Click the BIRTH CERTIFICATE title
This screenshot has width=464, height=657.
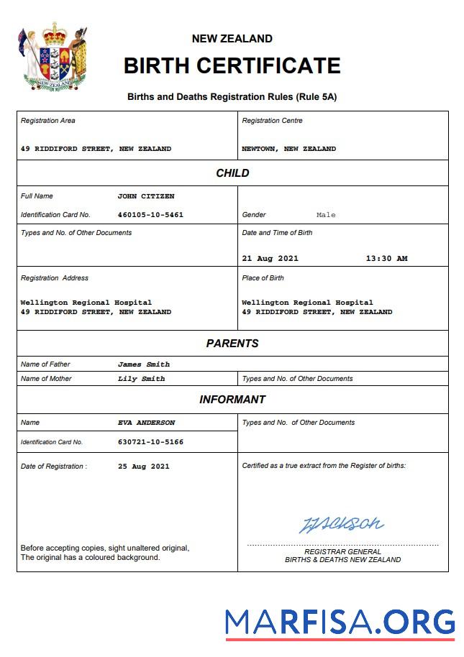click(232, 65)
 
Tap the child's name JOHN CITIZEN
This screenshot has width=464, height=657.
click(146, 196)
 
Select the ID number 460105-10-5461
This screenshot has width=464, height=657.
click(150, 215)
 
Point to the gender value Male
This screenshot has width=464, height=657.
click(326, 215)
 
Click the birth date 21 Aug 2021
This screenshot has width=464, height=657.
click(270, 259)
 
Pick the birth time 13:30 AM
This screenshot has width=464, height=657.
click(386, 259)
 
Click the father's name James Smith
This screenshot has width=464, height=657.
click(144, 364)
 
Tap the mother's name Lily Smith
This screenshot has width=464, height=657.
click(141, 379)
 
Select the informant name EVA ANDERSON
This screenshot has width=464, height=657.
click(146, 423)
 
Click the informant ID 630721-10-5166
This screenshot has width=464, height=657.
click(150, 442)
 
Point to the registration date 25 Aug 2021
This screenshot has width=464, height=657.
click(144, 467)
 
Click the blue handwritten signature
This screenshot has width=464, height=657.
click(341, 524)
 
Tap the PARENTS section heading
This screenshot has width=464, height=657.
click(232, 344)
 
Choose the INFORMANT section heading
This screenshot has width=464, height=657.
click(232, 400)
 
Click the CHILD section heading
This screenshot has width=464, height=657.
click(232, 173)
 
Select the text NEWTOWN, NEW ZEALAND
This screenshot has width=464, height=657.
click(288, 149)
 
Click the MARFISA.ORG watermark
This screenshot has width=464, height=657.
click(340, 622)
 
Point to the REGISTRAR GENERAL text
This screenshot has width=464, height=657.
click(342, 551)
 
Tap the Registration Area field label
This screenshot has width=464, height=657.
click(47, 121)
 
